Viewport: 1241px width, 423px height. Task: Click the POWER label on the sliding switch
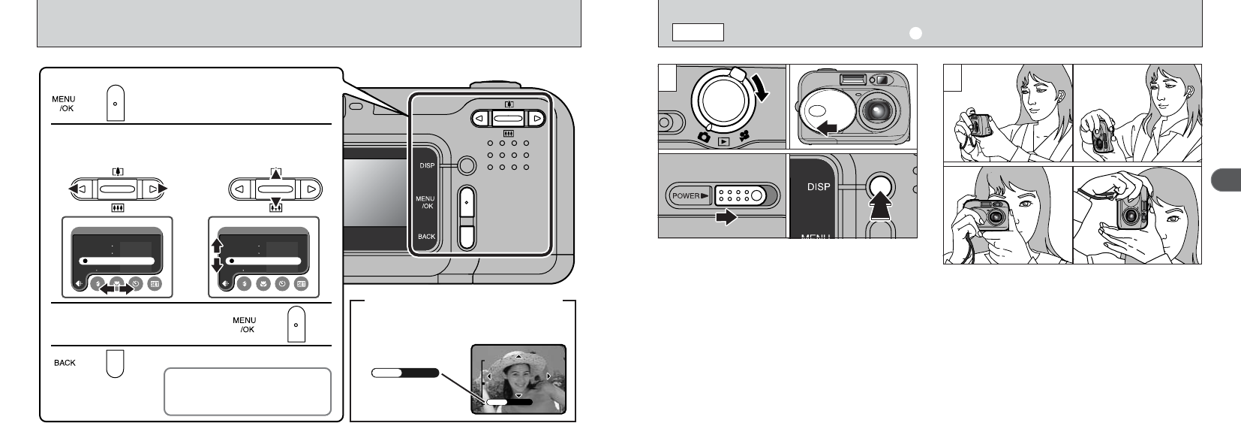click(685, 196)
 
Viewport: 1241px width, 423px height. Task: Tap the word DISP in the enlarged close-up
click(819, 186)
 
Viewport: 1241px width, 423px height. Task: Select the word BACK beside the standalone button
click(65, 363)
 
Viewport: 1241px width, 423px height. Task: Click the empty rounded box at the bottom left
click(247, 391)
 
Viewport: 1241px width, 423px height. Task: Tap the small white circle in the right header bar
click(915, 32)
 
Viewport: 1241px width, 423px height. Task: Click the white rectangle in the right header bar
click(697, 32)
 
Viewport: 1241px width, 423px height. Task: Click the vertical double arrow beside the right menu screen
click(218, 255)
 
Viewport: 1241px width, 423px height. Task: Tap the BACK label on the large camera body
click(426, 237)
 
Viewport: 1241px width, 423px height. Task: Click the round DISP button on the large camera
click(465, 165)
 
